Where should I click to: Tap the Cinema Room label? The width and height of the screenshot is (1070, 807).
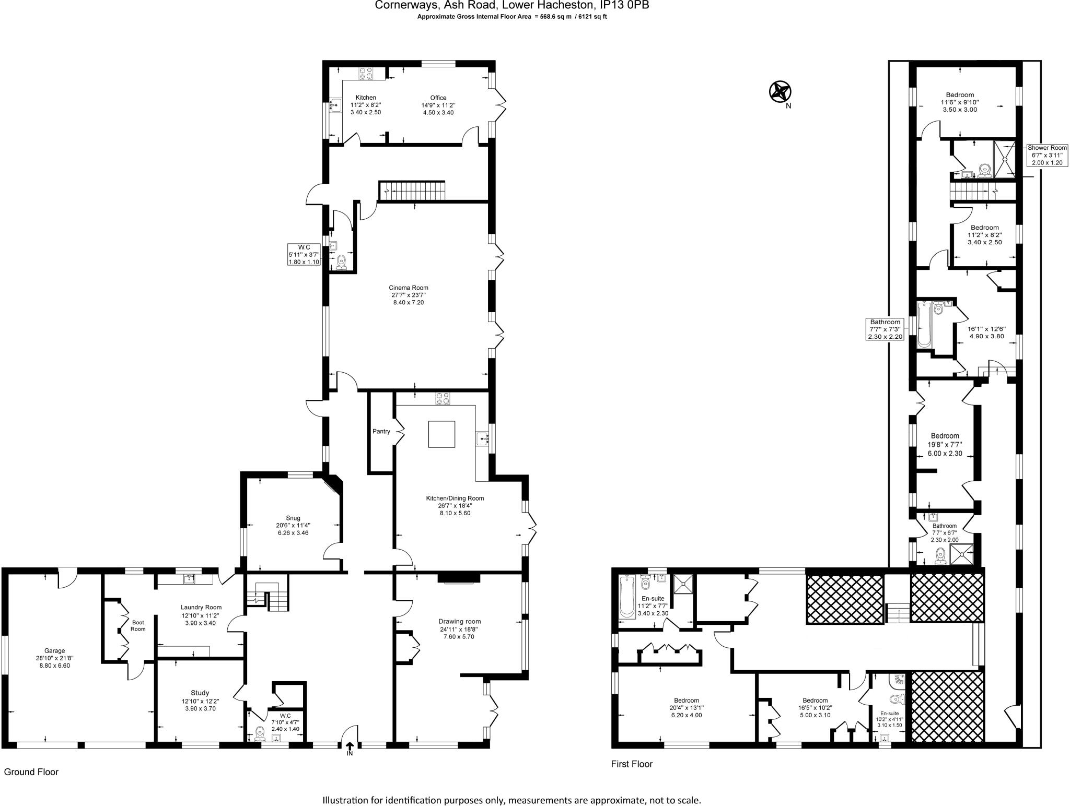point(408,288)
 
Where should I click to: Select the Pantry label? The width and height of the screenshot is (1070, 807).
point(381,431)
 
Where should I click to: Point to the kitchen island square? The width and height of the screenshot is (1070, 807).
point(441,434)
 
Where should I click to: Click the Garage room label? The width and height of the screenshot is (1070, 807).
point(54,650)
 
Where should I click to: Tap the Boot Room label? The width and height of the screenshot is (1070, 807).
point(138,625)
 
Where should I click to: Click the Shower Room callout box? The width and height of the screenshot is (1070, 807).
point(1047,156)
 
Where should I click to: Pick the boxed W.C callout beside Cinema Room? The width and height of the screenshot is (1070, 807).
point(304,254)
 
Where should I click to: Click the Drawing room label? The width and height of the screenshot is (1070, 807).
point(459,621)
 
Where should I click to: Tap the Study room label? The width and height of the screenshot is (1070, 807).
point(200,693)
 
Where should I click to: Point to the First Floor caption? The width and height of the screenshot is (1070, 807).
point(632,764)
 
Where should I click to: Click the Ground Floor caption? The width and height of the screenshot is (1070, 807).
point(31,772)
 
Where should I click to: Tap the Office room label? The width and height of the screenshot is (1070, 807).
point(438,98)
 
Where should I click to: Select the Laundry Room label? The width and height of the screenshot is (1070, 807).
point(201,607)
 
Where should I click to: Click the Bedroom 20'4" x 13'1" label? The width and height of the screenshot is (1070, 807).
point(686,701)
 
